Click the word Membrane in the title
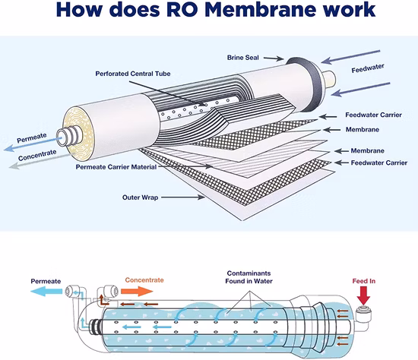tap(268, 11)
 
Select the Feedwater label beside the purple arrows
tap(368, 69)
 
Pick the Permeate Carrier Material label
tap(116, 167)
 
